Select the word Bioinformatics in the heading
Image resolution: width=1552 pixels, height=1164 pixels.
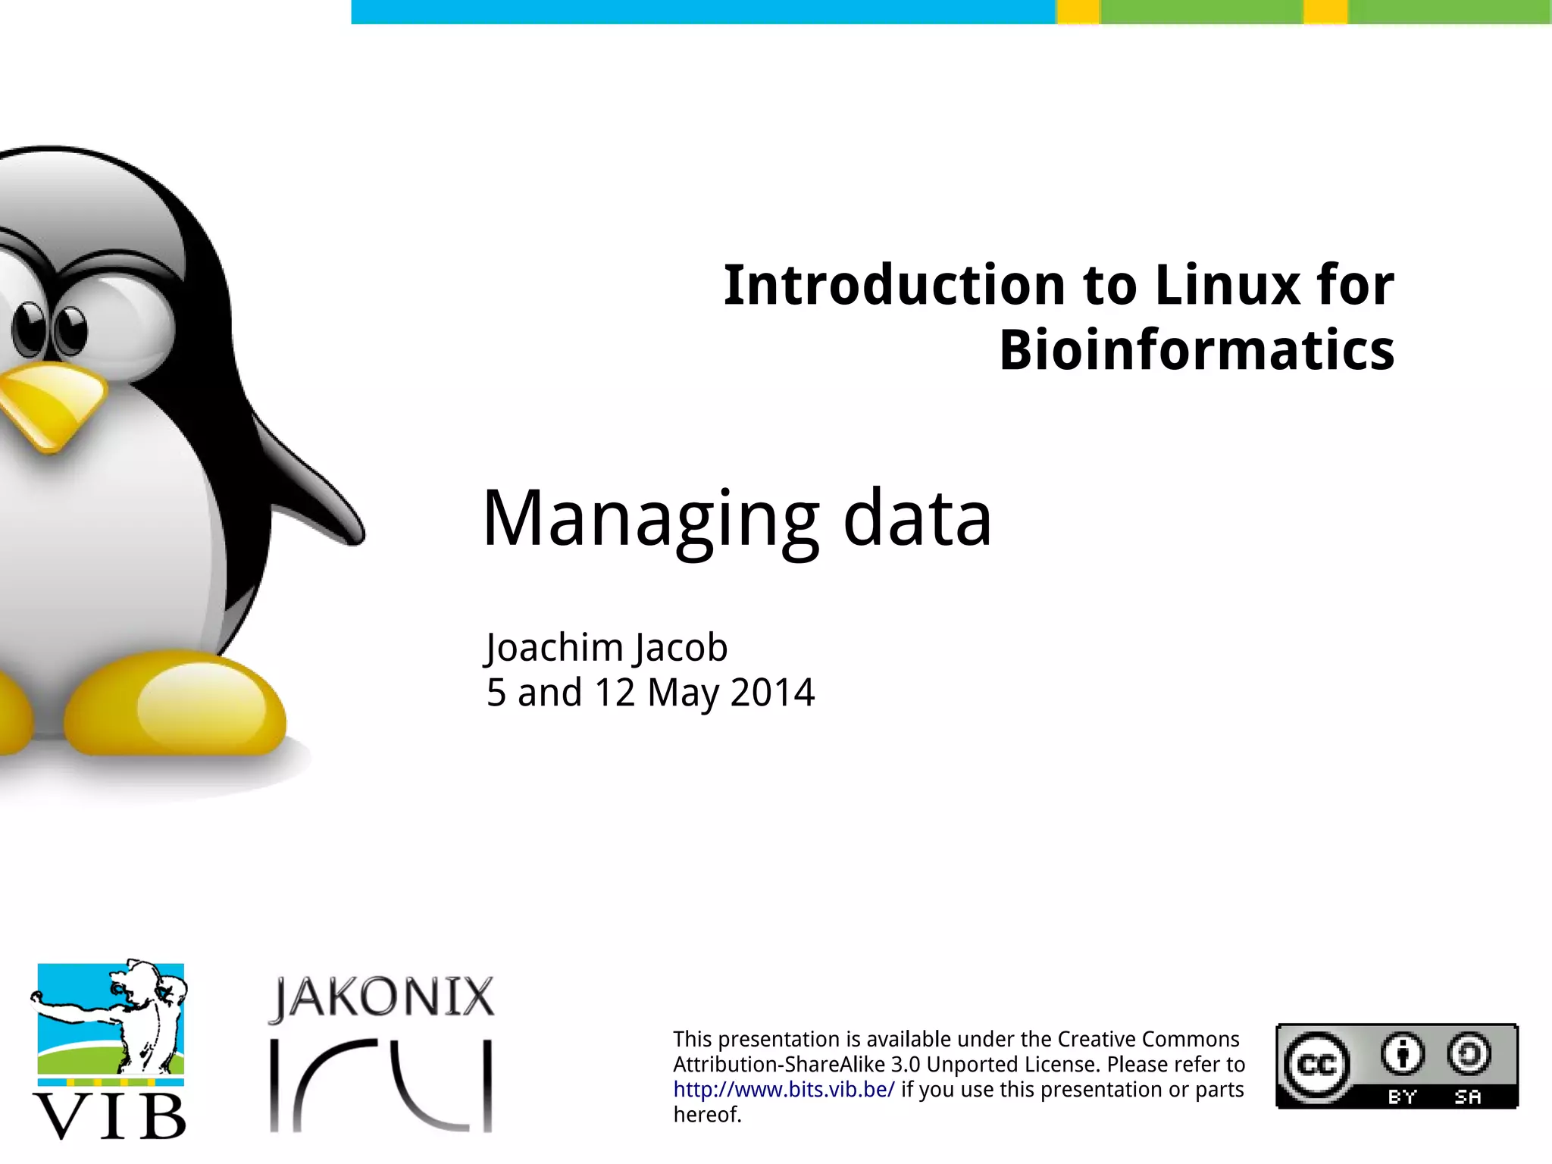(x=1197, y=350)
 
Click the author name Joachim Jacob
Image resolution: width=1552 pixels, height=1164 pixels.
(x=606, y=648)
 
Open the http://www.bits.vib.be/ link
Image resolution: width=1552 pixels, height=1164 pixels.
(x=784, y=1090)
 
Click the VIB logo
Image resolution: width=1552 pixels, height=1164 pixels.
(x=110, y=1050)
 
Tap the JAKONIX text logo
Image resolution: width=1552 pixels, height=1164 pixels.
(x=382, y=997)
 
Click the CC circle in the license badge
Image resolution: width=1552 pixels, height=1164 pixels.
(x=1317, y=1065)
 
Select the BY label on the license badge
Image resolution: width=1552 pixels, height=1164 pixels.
(x=1402, y=1097)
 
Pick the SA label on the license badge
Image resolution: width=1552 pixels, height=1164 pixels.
(x=1468, y=1097)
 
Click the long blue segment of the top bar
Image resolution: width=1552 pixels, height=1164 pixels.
(x=703, y=11)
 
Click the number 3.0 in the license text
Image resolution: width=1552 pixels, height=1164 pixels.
(x=906, y=1065)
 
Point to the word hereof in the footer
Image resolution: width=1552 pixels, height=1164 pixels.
(x=705, y=1115)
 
